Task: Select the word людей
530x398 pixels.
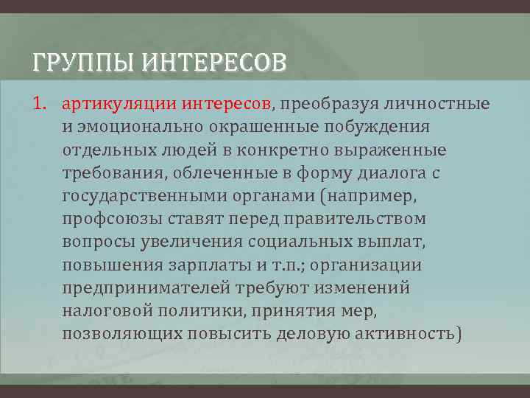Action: click(x=180, y=150)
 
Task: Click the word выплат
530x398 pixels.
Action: click(x=403, y=242)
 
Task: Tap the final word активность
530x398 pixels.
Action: click(x=403, y=334)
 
